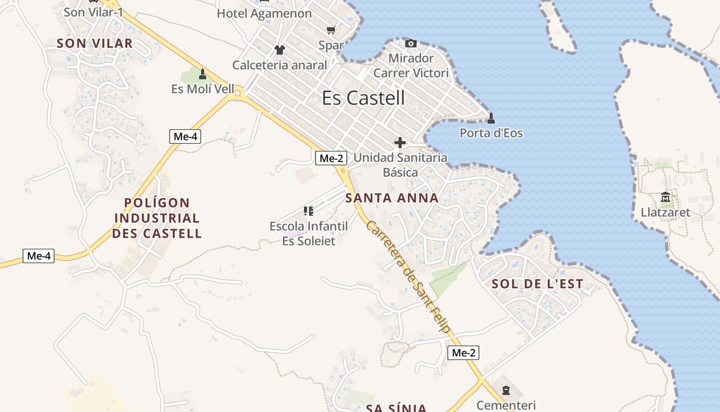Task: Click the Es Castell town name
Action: point(363,98)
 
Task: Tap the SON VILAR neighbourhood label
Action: point(95,43)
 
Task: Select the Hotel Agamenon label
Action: point(264,13)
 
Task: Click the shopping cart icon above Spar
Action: point(331,30)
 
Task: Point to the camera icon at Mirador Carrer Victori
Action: point(410,43)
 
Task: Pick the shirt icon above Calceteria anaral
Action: point(280,50)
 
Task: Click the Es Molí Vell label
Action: point(203,89)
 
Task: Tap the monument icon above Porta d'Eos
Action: point(491,118)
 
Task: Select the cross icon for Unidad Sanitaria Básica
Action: point(400,143)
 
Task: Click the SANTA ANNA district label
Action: point(392,198)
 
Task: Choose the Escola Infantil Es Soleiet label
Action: point(309,233)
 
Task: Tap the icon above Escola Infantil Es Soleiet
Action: point(309,211)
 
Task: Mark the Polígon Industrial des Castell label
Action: point(157,218)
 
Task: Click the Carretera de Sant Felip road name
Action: point(409,277)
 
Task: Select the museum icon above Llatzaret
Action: point(665,197)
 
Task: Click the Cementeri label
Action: point(506,405)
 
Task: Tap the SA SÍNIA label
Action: point(396,408)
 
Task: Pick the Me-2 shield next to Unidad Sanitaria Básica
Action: point(331,158)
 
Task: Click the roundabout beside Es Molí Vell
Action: point(238,93)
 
